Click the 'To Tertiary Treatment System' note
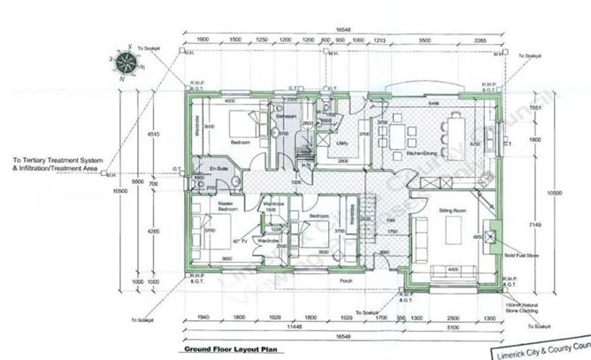58,162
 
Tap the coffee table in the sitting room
453,234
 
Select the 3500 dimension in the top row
425,41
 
